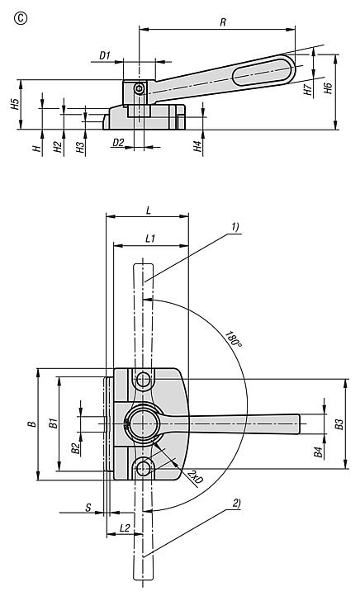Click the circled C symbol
tap(21, 19)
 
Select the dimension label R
tap(223, 22)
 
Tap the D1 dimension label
tap(105, 56)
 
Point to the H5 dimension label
tap(14, 104)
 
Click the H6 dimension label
tap(329, 88)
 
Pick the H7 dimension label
tap(307, 90)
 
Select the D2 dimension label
tap(118, 143)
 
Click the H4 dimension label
tap(197, 146)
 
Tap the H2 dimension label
tap(58, 147)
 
